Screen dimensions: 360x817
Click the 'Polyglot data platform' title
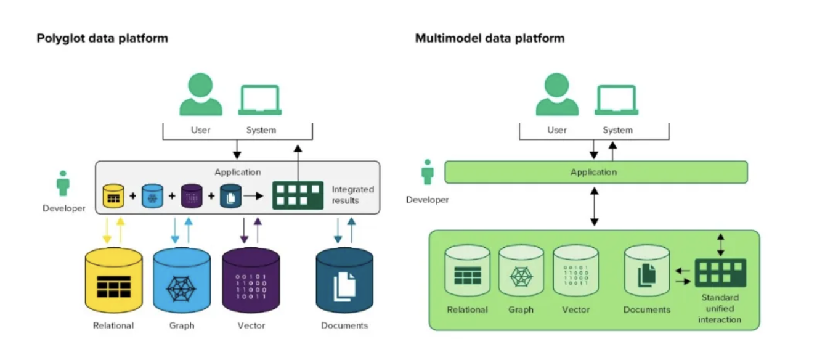(102, 38)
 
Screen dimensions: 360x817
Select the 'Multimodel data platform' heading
(490, 38)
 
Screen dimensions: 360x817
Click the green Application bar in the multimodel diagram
(596, 172)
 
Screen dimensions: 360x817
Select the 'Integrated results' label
(352, 195)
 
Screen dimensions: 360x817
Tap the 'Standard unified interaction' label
(720, 308)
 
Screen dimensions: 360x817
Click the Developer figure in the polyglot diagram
(63, 184)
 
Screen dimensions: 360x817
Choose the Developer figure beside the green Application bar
(428, 173)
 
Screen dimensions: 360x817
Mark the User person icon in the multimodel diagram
(557, 96)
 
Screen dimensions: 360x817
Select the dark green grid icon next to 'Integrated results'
(298, 195)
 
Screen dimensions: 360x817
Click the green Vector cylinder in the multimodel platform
(575, 272)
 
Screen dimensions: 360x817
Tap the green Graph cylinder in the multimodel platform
(521, 272)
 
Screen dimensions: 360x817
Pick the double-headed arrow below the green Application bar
(595, 207)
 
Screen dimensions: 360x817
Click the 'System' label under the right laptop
(617, 130)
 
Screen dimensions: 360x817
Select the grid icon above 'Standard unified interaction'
(720, 272)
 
